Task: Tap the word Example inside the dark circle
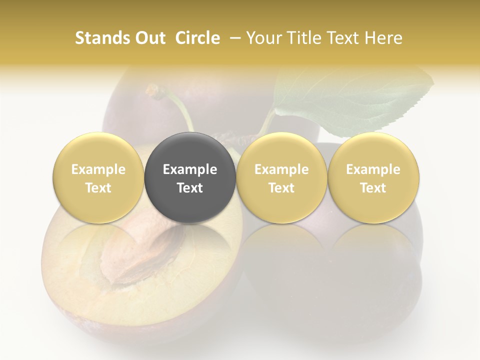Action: [190, 169]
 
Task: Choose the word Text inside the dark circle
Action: [190, 188]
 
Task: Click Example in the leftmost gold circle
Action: [98, 169]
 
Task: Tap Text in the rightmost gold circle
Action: [373, 188]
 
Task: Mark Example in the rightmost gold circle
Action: [373, 169]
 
